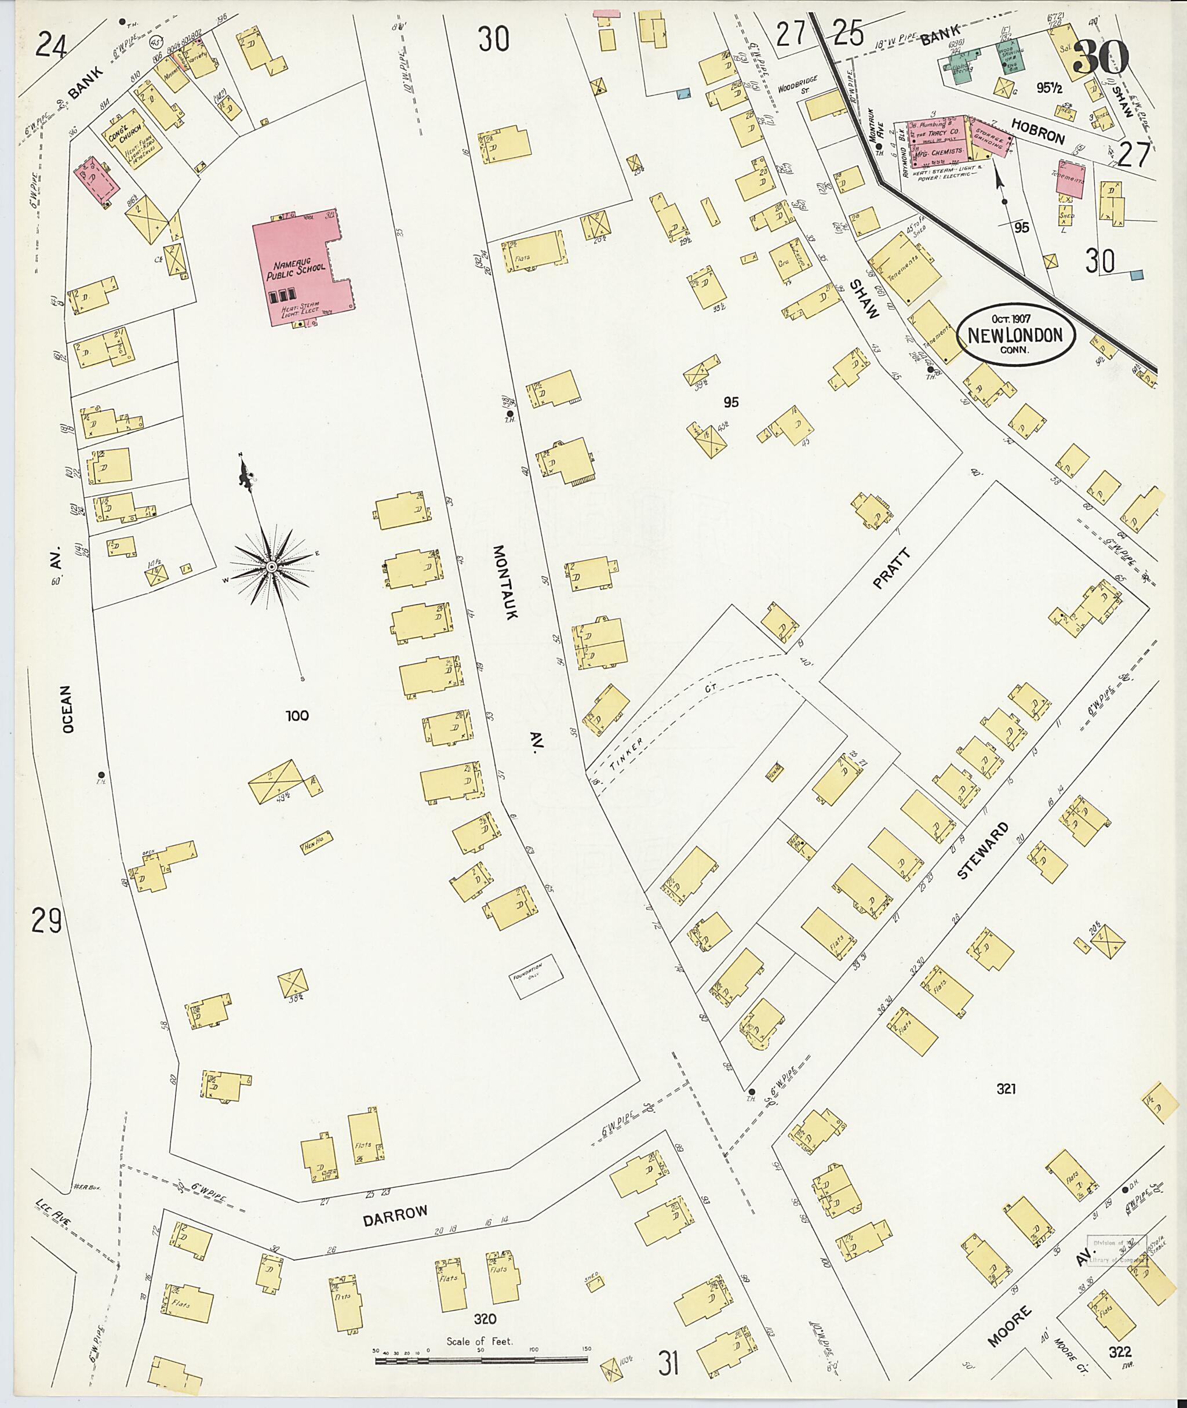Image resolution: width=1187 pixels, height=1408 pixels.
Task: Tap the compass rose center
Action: pos(271,568)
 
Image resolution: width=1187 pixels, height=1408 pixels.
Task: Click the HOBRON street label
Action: pos(1038,129)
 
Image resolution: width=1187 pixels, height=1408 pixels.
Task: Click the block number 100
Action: pos(297,715)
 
